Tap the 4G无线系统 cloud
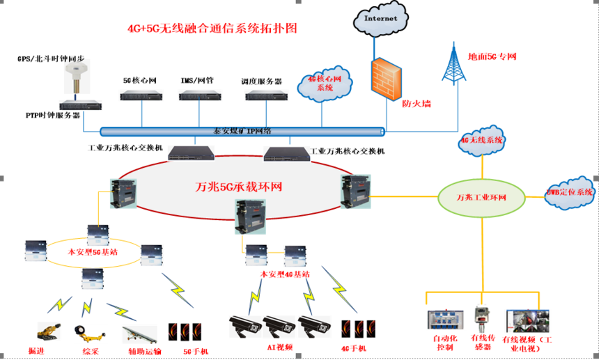point(481,140)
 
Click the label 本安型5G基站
point(92,251)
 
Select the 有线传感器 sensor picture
point(481,318)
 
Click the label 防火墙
point(417,103)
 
